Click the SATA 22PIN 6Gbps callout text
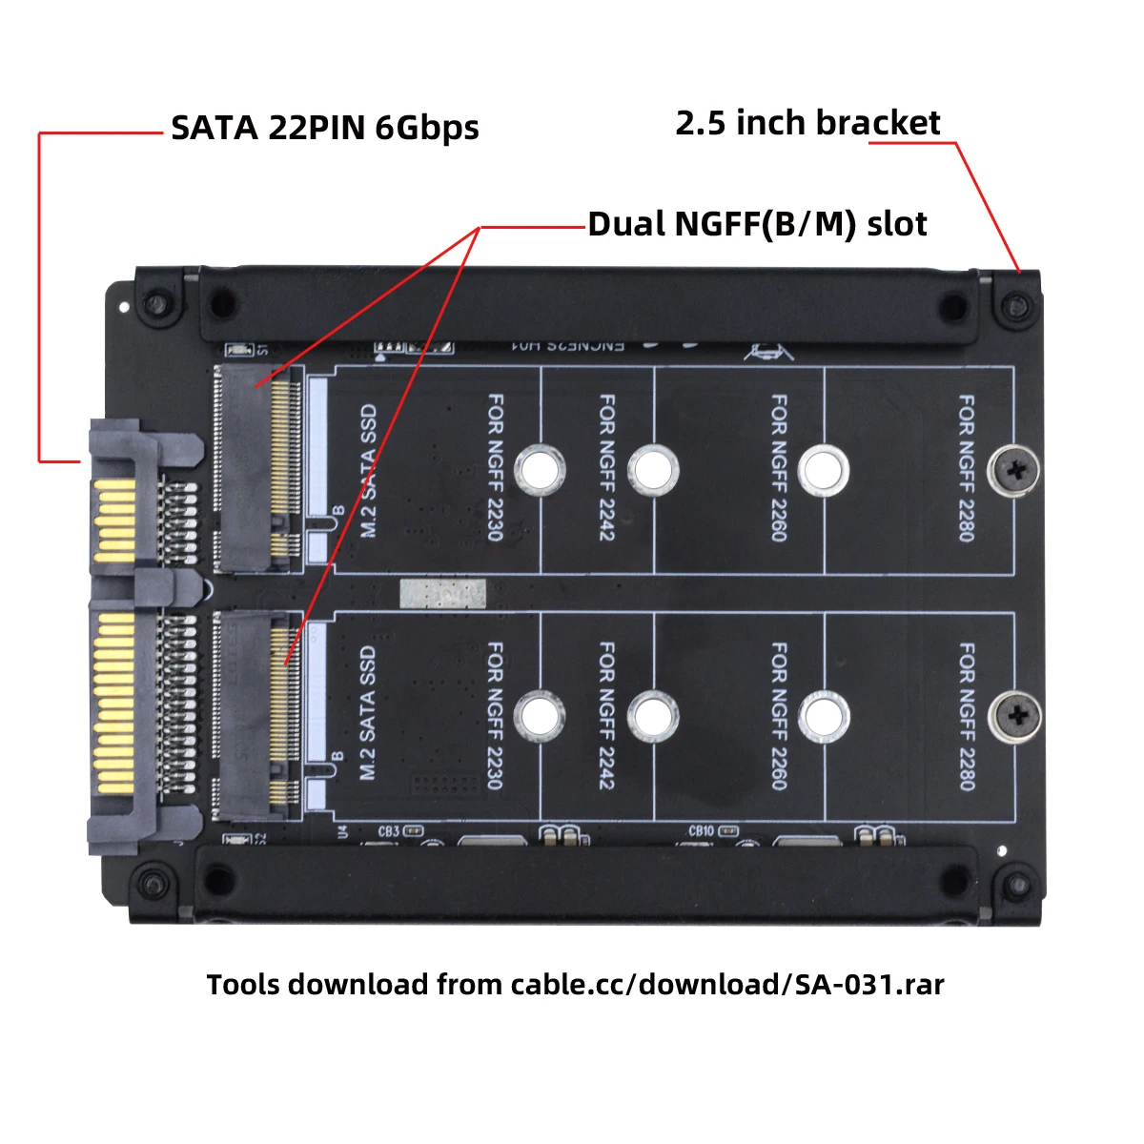[x=324, y=128]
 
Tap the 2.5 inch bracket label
[x=807, y=123]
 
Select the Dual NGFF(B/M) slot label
[x=757, y=224]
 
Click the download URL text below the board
[x=575, y=984]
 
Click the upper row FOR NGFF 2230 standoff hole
[x=540, y=469]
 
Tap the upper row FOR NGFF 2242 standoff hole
[x=653, y=470]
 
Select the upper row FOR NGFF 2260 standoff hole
[x=823, y=469]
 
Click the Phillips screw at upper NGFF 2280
[x=1016, y=469]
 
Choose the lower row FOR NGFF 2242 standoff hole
[x=653, y=716]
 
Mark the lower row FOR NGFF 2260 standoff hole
[x=823, y=716]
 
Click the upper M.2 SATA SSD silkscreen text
[x=368, y=471]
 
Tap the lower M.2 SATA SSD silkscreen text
[x=368, y=713]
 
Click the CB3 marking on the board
[x=388, y=831]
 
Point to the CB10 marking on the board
[x=701, y=831]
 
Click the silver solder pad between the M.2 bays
[x=442, y=594]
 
